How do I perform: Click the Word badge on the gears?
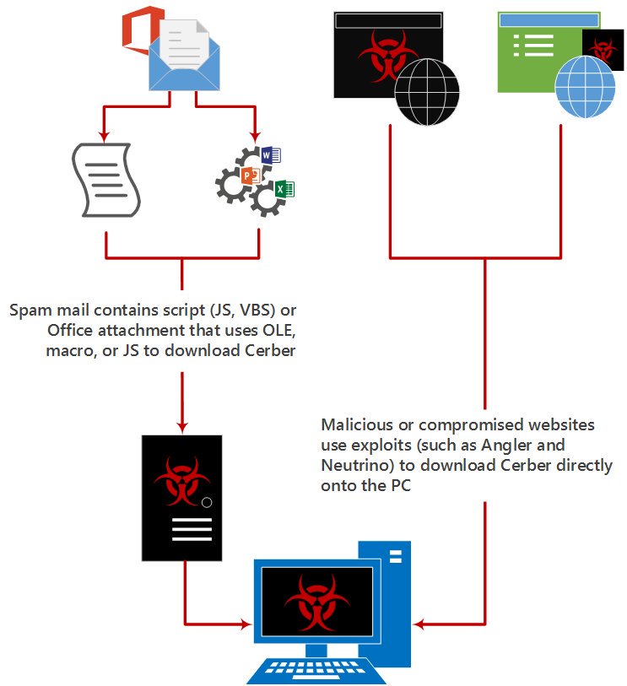270,155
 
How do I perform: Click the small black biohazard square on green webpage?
603,48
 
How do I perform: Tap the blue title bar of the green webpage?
549,19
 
